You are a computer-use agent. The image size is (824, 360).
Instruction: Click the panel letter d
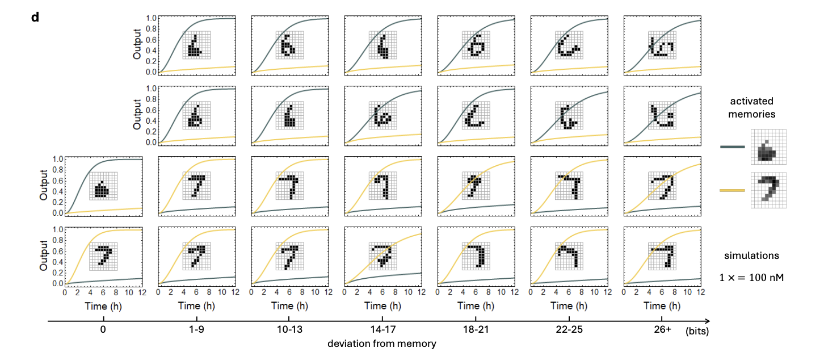(x=35, y=17)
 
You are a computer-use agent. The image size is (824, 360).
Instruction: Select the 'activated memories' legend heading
(x=754, y=107)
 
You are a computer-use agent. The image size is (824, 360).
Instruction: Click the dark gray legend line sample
(x=731, y=146)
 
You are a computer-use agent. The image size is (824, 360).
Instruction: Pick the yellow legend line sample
(x=731, y=191)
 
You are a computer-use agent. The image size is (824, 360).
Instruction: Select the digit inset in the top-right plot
(x=662, y=45)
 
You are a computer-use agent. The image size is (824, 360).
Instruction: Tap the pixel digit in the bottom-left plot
(x=103, y=257)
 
